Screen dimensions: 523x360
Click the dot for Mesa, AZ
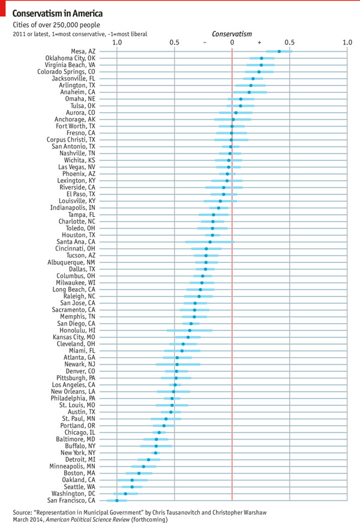tap(279, 52)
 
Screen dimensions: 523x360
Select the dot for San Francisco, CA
tap(117, 500)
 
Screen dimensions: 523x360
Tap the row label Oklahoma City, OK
tap(70, 58)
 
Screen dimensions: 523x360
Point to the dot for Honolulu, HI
tap(190, 330)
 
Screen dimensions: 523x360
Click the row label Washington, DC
tap(71, 493)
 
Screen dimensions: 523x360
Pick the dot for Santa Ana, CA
tap(210, 242)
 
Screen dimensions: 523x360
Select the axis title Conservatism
tap(232, 34)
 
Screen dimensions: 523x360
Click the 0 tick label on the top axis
tap(232, 43)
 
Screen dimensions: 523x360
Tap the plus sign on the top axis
tap(259, 43)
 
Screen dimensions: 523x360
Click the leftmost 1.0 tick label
tap(117, 43)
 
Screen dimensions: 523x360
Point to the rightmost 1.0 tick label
tap(347, 43)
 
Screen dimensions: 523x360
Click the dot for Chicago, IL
tap(159, 432)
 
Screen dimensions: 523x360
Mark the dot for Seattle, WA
tap(133, 486)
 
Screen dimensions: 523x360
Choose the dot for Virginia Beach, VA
tap(261, 65)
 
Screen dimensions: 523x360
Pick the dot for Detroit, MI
tap(149, 459)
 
